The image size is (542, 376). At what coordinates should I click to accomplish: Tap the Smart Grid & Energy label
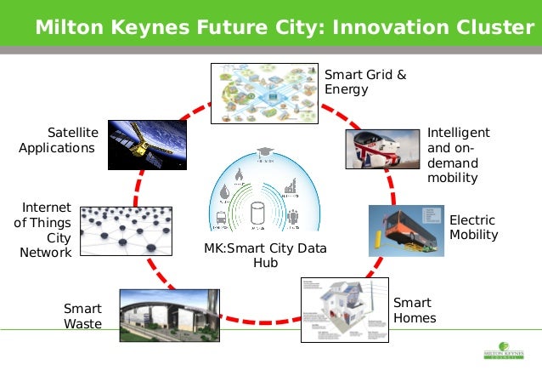tap(365, 82)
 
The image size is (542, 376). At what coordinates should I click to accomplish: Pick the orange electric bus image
tap(405, 230)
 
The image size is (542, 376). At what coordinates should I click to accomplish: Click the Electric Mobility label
tap(473, 227)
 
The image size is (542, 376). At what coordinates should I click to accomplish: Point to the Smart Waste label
tap(82, 316)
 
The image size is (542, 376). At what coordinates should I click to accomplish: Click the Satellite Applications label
tap(59, 140)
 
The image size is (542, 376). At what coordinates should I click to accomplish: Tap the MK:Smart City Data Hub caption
tap(265, 255)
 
